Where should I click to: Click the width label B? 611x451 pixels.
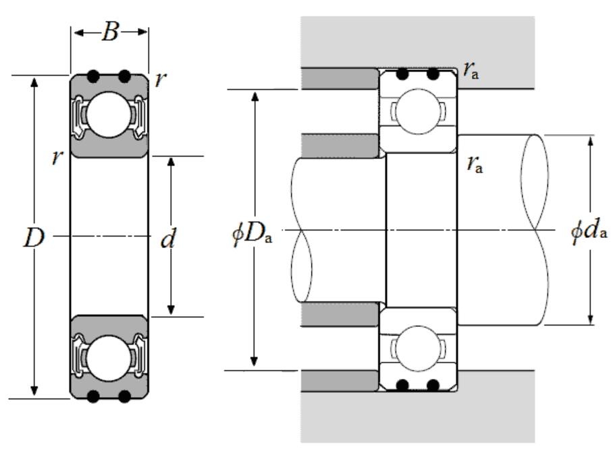pyautogui.click(x=110, y=32)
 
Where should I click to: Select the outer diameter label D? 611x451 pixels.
pyautogui.click(x=33, y=237)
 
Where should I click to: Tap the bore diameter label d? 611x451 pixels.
pyautogui.click(x=168, y=238)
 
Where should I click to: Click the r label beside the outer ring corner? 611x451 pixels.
pyautogui.click(x=160, y=80)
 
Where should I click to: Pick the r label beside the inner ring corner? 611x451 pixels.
pyautogui.click(x=57, y=157)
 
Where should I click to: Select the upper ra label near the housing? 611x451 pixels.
pyautogui.click(x=471, y=70)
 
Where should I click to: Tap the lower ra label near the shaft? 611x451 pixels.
pyautogui.click(x=475, y=164)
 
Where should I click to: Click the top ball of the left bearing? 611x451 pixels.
pyautogui.click(x=109, y=115)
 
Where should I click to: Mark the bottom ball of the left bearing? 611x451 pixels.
pyautogui.click(x=109, y=358)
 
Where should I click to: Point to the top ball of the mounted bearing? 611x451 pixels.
pyautogui.click(x=418, y=112)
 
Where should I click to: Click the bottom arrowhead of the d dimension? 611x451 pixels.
pyautogui.click(x=171, y=309)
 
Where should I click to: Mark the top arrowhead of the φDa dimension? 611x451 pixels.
pyautogui.click(x=255, y=97)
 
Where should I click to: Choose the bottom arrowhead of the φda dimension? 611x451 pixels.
pyautogui.click(x=590, y=318)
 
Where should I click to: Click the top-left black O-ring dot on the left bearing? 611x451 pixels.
pyautogui.click(x=93, y=76)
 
